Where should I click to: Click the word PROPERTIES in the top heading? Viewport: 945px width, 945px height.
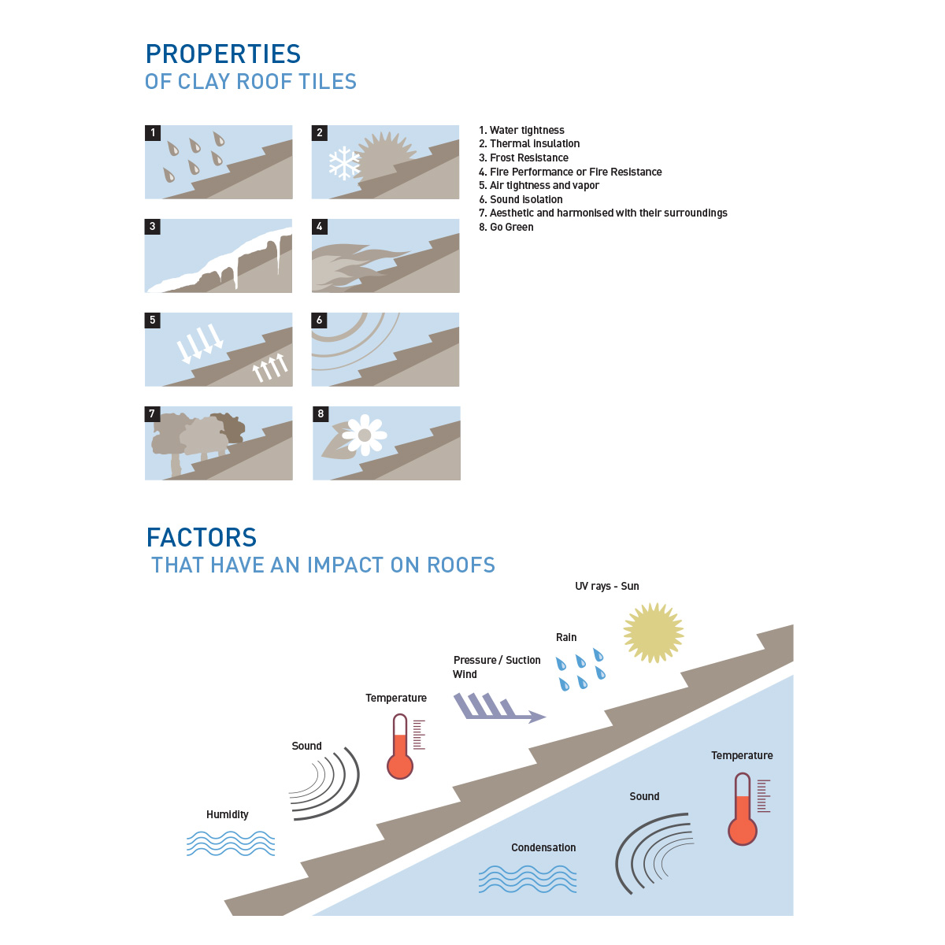pyautogui.click(x=223, y=54)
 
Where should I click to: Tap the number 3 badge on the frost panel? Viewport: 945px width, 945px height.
pyautogui.click(x=153, y=227)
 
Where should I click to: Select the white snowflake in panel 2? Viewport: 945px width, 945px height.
pyautogui.click(x=344, y=163)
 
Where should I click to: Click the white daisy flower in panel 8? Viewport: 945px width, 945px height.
pyautogui.click(x=365, y=435)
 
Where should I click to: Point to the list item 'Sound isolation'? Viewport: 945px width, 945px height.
pyautogui.click(x=521, y=199)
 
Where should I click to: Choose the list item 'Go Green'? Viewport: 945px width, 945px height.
pyautogui.click(x=506, y=227)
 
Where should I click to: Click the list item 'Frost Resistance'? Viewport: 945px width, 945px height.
pyautogui.click(x=523, y=158)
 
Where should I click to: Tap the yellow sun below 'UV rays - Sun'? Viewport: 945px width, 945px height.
pyautogui.click(x=653, y=632)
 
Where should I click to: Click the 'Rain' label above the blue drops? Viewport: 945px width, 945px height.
pyautogui.click(x=566, y=638)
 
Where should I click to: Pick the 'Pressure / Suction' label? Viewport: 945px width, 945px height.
pyautogui.click(x=497, y=660)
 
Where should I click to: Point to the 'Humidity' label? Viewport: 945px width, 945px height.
pyautogui.click(x=227, y=814)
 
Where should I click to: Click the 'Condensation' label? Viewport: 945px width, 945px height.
pyautogui.click(x=543, y=847)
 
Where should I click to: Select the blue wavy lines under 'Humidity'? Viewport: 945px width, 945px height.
pyautogui.click(x=231, y=843)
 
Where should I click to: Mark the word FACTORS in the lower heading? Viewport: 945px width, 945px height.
pyautogui.click(x=202, y=538)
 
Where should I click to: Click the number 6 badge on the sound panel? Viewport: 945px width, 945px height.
pyautogui.click(x=319, y=321)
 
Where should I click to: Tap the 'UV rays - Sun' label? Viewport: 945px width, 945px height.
pyautogui.click(x=606, y=586)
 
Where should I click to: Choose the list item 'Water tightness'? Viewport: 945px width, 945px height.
pyautogui.click(x=521, y=130)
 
